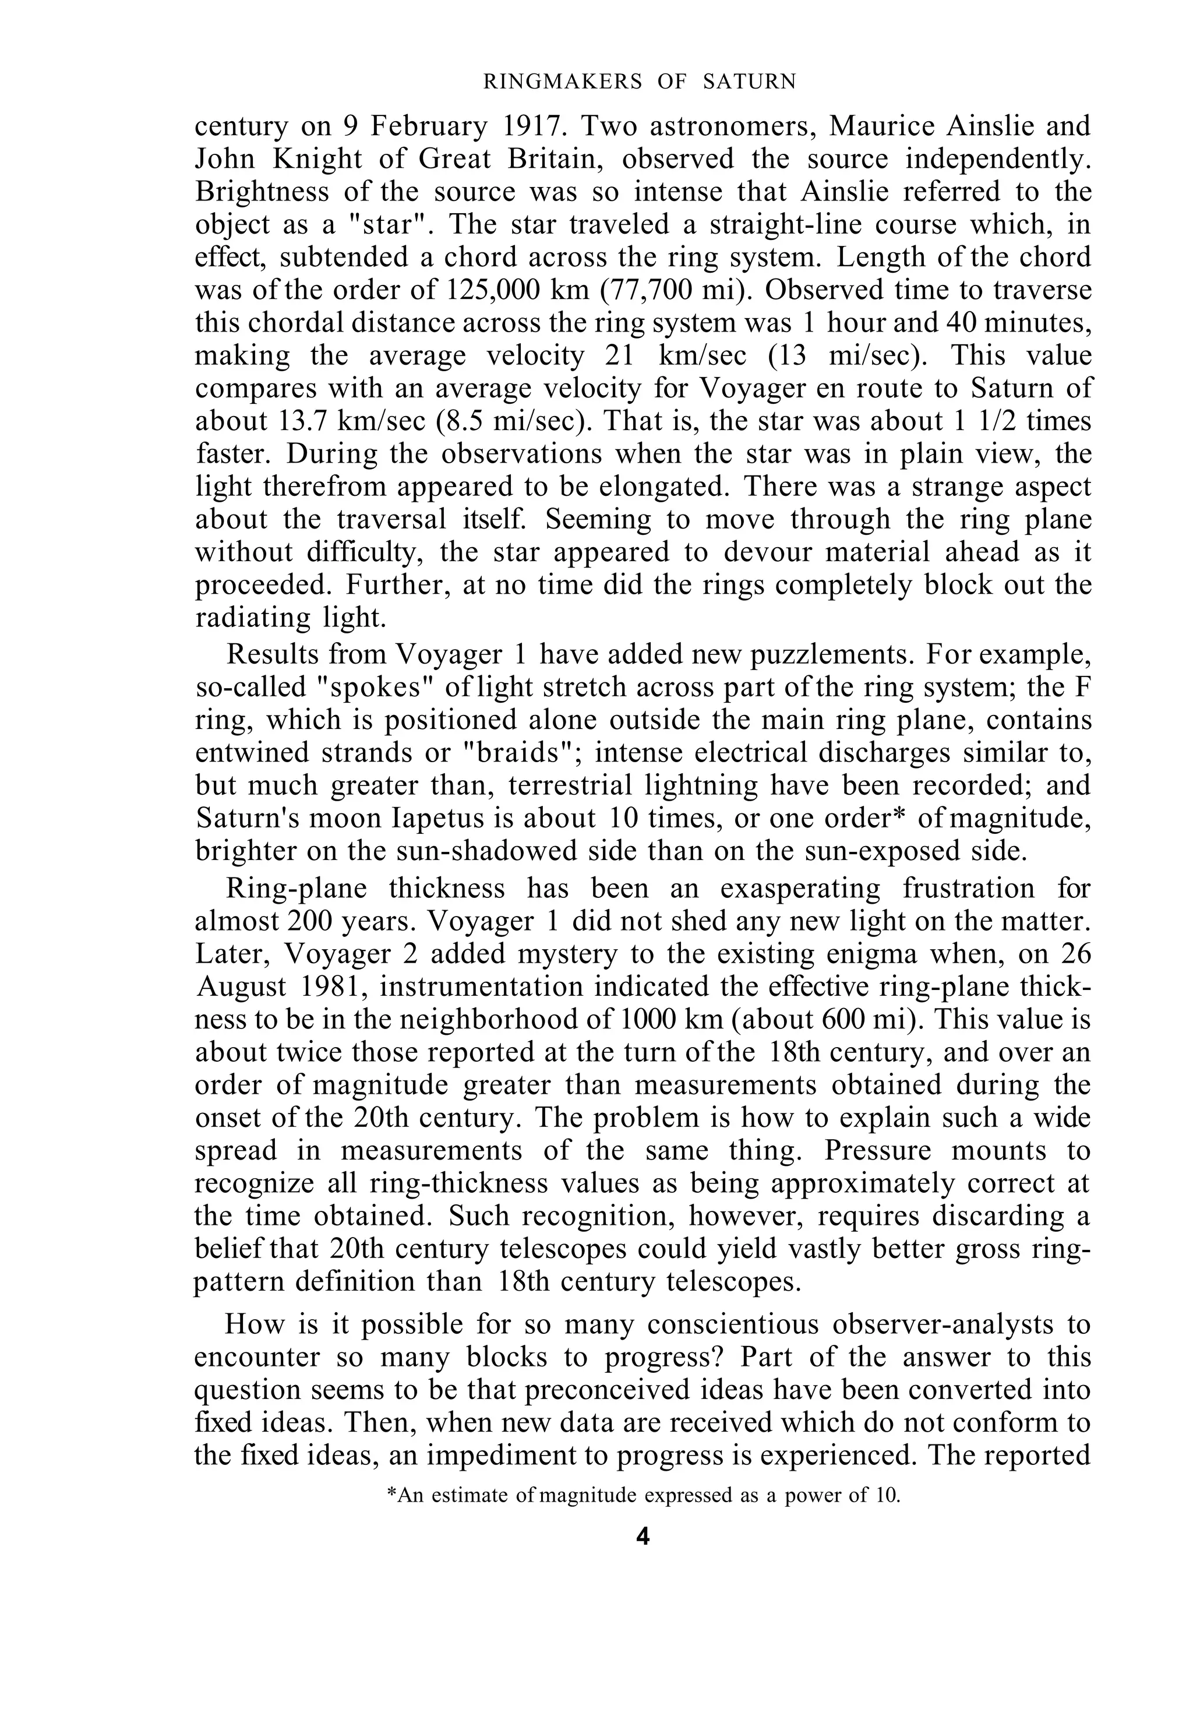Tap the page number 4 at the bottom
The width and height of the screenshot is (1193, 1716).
pyautogui.click(x=643, y=1537)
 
